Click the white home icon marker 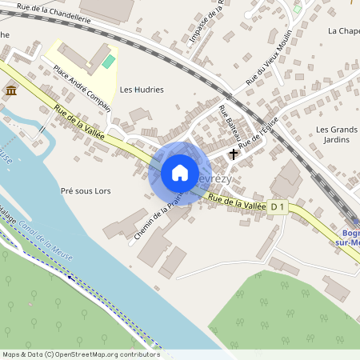click(180, 173)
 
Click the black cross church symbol click(234, 153)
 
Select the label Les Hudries click(142, 90)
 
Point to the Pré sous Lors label click(86, 191)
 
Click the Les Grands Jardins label click(336, 134)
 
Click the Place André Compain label click(82, 83)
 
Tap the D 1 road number click(278, 208)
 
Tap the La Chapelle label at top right click(343, 30)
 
